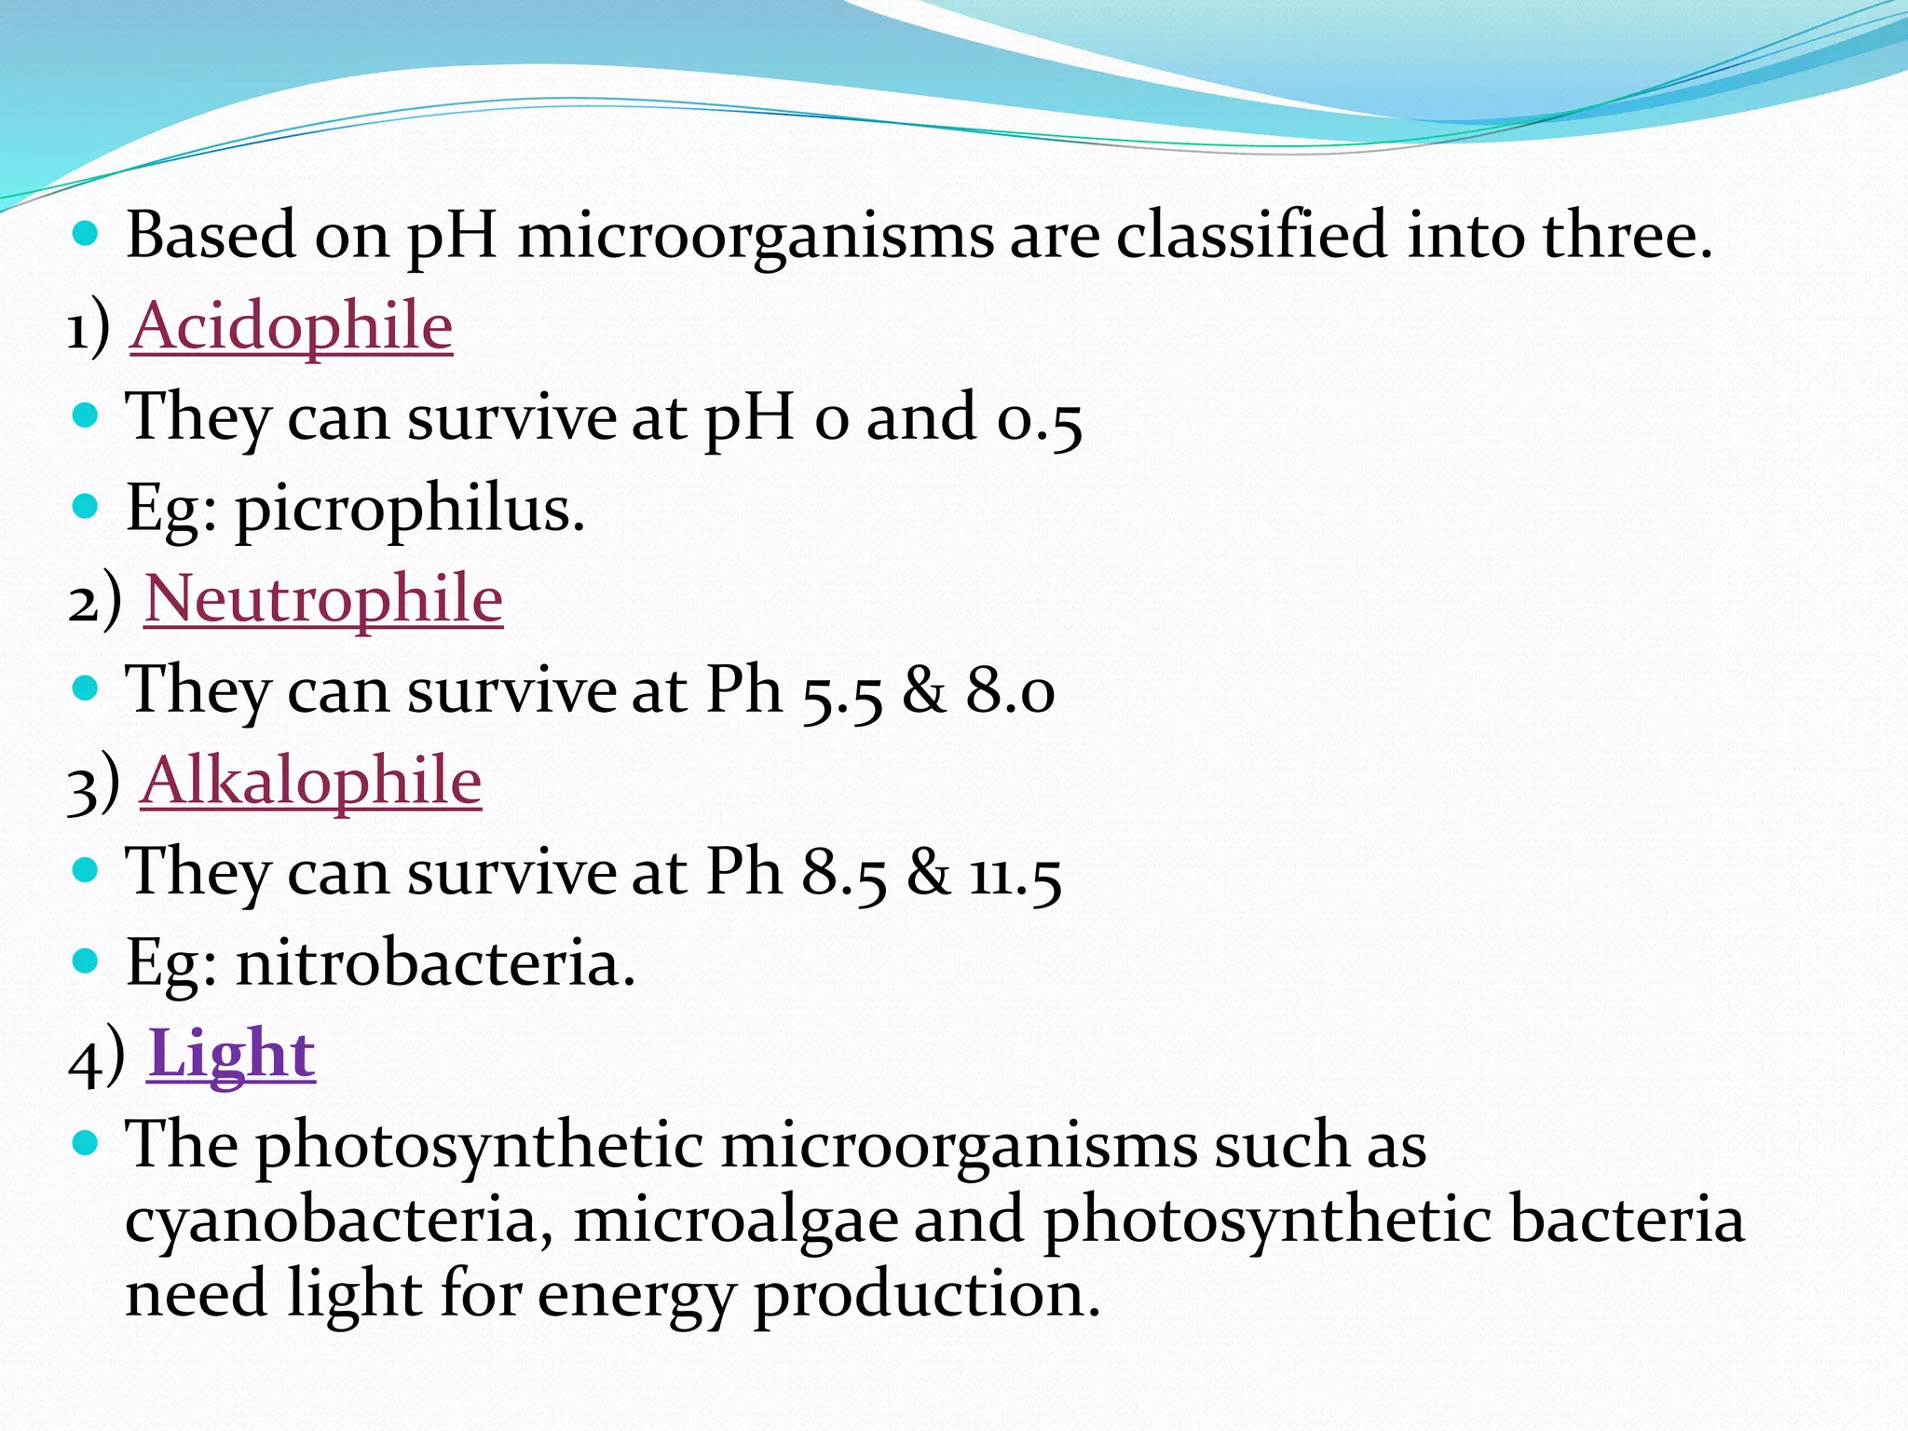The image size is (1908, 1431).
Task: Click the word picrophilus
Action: click(x=409, y=511)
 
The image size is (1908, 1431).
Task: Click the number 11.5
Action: click(x=1015, y=876)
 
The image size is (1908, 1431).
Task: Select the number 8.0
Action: click(x=1010, y=692)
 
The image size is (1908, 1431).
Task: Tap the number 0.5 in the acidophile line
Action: click(x=1039, y=419)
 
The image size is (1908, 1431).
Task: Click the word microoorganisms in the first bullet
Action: click(x=756, y=235)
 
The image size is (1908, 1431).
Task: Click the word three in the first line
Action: click(x=1627, y=235)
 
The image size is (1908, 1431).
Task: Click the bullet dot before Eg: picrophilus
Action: click(x=86, y=506)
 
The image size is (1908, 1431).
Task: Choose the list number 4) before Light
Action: click(x=96, y=1057)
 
